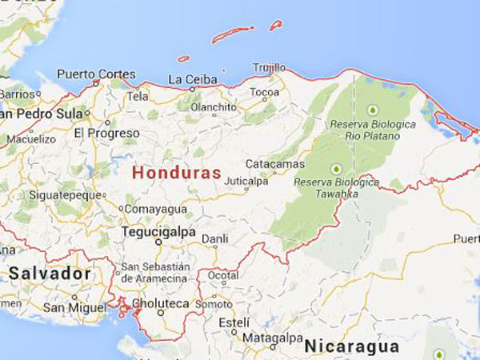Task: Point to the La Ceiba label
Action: (x=190, y=79)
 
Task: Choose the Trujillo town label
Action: (x=269, y=67)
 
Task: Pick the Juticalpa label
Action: (x=246, y=182)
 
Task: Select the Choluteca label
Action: (x=162, y=304)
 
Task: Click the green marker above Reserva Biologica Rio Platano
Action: (x=372, y=110)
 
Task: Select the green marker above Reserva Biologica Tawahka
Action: (x=335, y=168)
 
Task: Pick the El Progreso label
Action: (x=101, y=133)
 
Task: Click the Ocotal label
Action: (x=223, y=275)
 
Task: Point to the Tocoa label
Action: (x=264, y=92)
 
